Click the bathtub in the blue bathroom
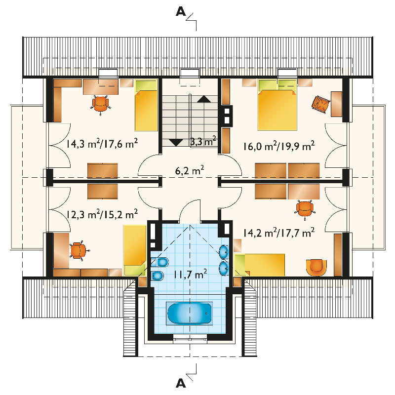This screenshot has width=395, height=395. pyautogui.click(x=190, y=313)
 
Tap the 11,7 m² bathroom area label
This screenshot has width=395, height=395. pyautogui.click(x=191, y=274)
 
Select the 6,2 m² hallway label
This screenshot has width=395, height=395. pyautogui.click(x=190, y=170)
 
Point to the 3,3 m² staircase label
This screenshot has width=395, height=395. pyautogui.click(x=203, y=141)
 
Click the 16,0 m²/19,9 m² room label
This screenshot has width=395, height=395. pyautogui.click(x=279, y=146)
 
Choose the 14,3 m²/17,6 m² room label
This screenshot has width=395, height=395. pyautogui.click(x=102, y=144)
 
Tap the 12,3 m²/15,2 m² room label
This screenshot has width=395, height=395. pyautogui.click(x=102, y=214)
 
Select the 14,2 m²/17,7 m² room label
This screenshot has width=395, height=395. pyautogui.click(x=279, y=233)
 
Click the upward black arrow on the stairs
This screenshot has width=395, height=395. pyautogui.click(x=204, y=99)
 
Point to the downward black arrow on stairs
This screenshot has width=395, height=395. pyautogui.click(x=176, y=143)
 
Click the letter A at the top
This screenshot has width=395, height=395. pyautogui.click(x=181, y=11)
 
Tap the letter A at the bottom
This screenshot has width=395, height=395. pyautogui.click(x=181, y=383)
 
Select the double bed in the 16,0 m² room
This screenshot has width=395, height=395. pyautogui.click(x=277, y=105)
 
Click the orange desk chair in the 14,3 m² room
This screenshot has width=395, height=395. pyautogui.click(x=101, y=104)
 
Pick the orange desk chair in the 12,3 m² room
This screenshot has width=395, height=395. pyautogui.click(x=79, y=250)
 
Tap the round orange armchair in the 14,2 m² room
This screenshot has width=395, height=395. pyautogui.click(x=316, y=268)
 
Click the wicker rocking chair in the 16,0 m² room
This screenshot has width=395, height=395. pyautogui.click(x=321, y=104)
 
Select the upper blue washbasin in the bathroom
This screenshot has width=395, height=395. pyautogui.click(x=224, y=252)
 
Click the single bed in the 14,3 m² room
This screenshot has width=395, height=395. pyautogui.click(x=146, y=105)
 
